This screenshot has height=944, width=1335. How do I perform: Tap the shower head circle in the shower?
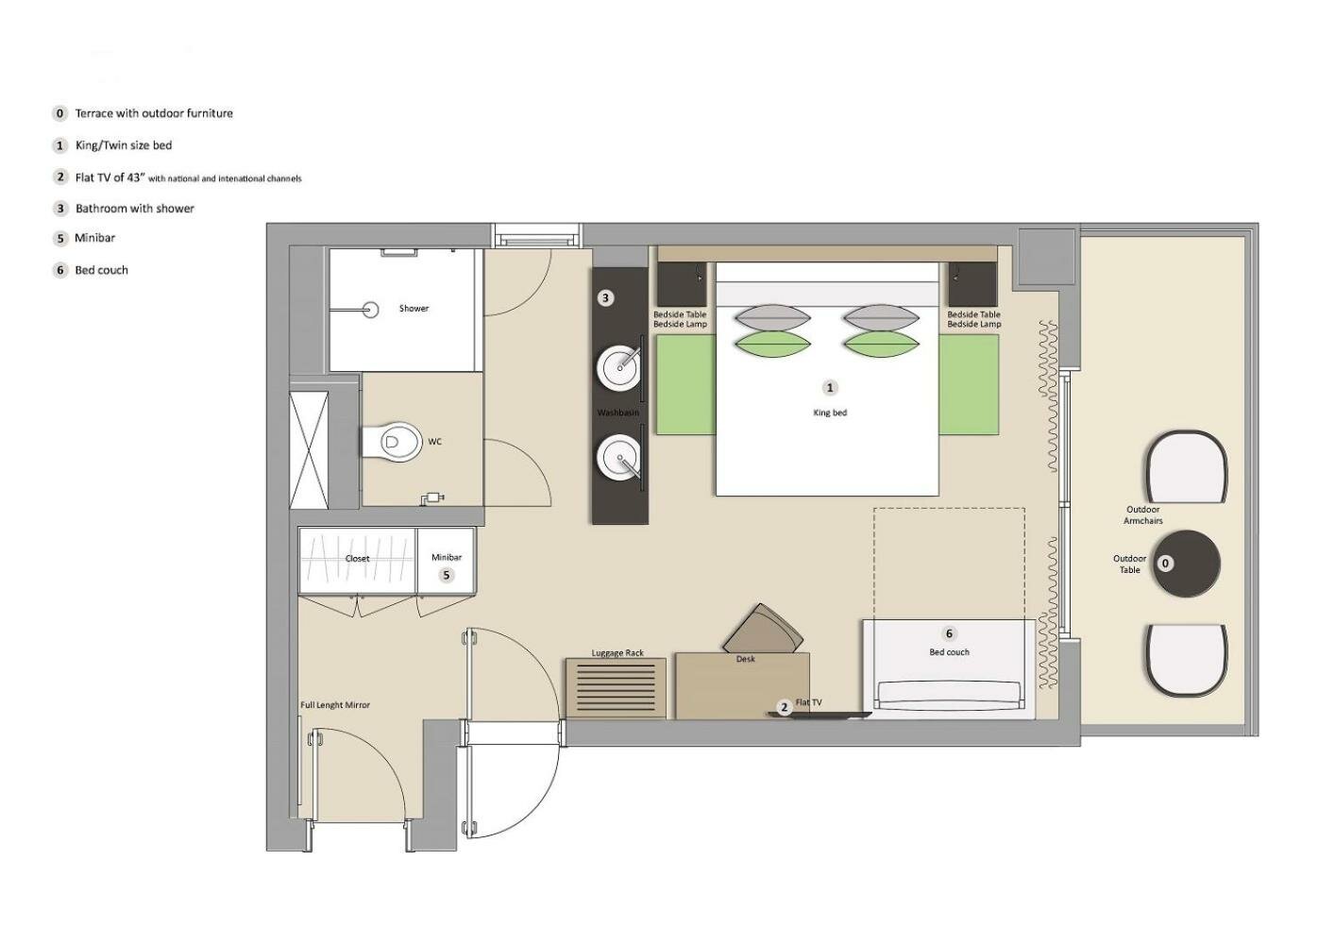[371, 310]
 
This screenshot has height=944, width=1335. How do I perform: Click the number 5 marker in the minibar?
[447, 575]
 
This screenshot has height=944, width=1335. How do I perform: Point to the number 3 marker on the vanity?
[605, 298]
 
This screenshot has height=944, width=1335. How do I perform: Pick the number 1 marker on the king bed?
[830, 388]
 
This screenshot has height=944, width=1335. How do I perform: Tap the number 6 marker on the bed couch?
[950, 633]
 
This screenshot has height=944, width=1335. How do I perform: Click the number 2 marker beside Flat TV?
[785, 707]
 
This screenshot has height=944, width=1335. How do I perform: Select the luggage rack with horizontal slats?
[617, 688]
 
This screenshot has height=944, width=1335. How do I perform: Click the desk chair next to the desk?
[763, 631]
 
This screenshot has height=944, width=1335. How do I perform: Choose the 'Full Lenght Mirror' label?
[335, 705]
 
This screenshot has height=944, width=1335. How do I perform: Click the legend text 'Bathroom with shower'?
[135, 209]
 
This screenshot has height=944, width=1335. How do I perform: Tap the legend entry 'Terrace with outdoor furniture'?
[154, 113]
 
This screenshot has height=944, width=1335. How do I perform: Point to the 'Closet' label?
[358, 559]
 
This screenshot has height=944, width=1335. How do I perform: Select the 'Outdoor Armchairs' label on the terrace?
[1143, 514]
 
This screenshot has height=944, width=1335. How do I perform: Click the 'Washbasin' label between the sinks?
[618, 413]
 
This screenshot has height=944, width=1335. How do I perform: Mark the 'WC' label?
[435, 442]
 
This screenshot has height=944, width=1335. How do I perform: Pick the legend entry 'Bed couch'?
[101, 270]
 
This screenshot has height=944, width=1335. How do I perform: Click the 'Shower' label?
[414, 308]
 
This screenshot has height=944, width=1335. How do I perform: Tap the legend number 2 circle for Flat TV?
[59, 177]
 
